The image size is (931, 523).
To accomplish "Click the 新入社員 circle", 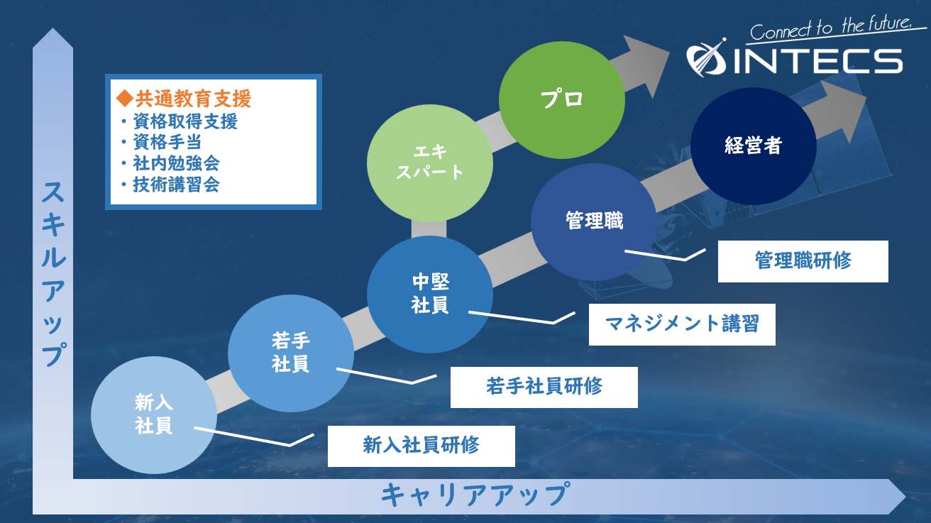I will [x=154, y=414].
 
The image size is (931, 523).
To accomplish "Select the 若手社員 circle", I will [x=290, y=352].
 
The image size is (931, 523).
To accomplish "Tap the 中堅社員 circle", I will [x=430, y=294].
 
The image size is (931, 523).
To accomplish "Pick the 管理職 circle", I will [x=594, y=221].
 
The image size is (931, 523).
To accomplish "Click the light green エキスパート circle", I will [x=429, y=162].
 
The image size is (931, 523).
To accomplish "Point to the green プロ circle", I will [x=561, y=99].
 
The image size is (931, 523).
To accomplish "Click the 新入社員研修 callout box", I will [x=421, y=446].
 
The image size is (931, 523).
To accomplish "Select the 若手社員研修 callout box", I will [x=544, y=387].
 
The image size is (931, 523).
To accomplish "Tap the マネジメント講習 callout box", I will [x=681, y=324].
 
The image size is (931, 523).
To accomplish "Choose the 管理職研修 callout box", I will [x=803, y=261].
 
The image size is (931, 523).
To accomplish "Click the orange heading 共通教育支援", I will [x=184, y=99].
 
